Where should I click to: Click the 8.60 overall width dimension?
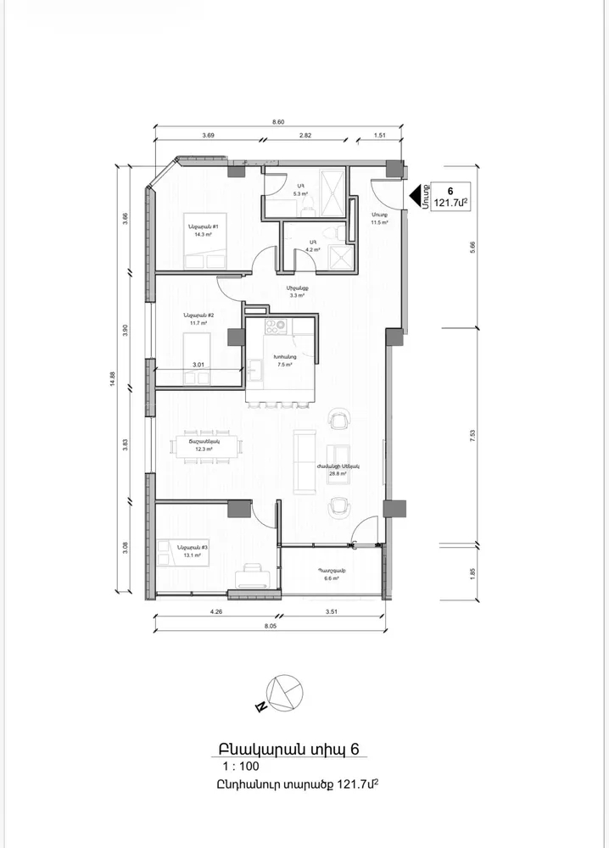pyautogui.click(x=277, y=123)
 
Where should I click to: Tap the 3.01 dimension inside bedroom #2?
pyautogui.click(x=198, y=365)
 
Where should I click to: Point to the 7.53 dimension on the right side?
pyautogui.click(x=472, y=434)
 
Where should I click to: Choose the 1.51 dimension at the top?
pyautogui.click(x=381, y=135)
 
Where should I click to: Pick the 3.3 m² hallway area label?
pyautogui.click(x=297, y=297)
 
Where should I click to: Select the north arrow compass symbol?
pyautogui.click(x=282, y=694)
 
